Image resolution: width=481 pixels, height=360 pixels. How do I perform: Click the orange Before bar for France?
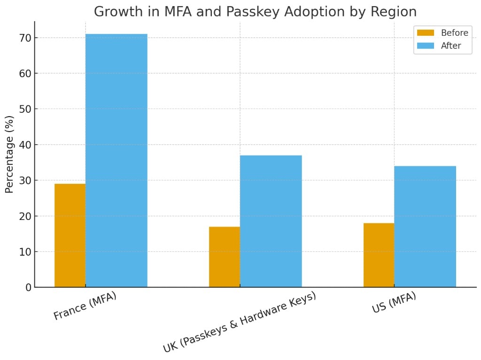coord(70,235)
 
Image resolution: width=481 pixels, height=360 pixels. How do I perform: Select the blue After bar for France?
coord(116,160)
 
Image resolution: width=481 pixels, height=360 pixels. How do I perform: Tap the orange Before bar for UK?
coord(225,257)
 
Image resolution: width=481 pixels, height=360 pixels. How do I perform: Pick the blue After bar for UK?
coord(271,221)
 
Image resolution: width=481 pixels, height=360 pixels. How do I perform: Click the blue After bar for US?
coord(425,226)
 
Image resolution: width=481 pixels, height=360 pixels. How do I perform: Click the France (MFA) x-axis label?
coord(85,306)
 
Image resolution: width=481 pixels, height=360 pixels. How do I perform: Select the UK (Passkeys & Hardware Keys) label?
coord(239,322)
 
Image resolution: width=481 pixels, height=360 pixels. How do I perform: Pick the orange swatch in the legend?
coord(426,33)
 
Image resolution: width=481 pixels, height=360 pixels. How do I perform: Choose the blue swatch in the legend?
coord(426,46)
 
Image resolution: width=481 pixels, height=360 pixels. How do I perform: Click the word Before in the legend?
coord(454,33)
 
